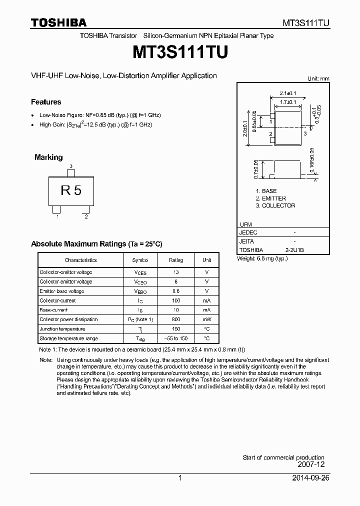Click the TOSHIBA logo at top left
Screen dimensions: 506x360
coord(58,22)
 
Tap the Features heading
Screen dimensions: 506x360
coord(46,102)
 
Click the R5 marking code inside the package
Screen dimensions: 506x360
coord(70,190)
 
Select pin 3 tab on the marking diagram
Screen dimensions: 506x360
coord(71,172)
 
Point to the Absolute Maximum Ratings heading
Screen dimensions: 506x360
coord(96,244)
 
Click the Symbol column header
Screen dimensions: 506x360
coord(140,260)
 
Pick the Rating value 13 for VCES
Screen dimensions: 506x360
coord(175,272)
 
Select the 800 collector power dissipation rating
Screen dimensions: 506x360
coord(175,319)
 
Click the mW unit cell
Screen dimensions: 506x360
coord(206,319)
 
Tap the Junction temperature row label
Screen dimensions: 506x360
coord(62,329)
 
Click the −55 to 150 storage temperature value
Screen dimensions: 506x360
coord(175,338)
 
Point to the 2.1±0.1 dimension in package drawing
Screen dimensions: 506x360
coord(287,93)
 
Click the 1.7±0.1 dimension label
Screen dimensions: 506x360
coord(287,102)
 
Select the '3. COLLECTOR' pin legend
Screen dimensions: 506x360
coord(275,205)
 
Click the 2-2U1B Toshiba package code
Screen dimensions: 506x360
coord(294,250)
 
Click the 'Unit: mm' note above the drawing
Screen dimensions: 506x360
coord(318,78)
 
